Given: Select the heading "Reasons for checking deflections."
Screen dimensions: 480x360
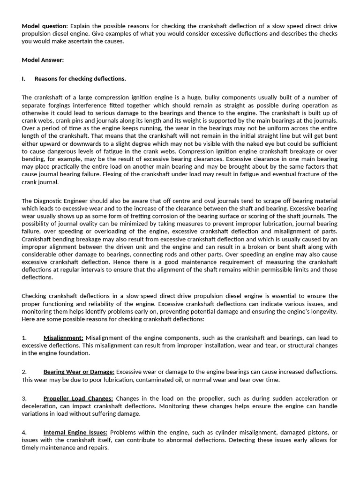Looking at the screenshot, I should click(80, 79).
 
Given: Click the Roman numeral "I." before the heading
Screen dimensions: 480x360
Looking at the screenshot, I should click(23, 79).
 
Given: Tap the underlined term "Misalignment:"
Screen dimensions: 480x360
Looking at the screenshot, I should click(63, 338).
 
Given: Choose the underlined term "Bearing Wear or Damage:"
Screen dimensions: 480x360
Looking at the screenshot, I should click(79, 372).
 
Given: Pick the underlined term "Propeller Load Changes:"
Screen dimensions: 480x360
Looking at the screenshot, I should click(78, 399).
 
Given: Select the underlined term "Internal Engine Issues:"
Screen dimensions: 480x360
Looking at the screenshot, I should click(75, 433).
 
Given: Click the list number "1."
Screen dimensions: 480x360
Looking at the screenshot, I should click(24, 338).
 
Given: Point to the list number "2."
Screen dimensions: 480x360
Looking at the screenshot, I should click(24, 372).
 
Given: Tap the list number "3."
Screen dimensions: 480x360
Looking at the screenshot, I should click(24, 399).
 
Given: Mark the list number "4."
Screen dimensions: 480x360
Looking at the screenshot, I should click(24, 433).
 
